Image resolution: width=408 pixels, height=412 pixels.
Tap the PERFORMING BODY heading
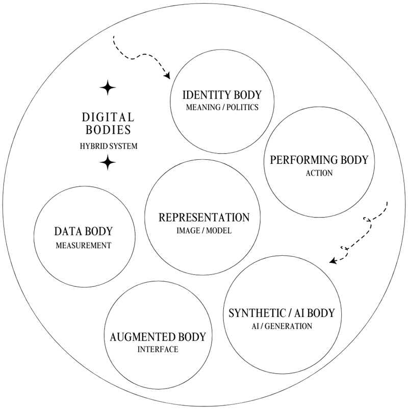click(318, 160)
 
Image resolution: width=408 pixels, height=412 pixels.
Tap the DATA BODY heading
click(83, 231)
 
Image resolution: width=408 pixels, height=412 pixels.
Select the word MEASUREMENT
click(83, 245)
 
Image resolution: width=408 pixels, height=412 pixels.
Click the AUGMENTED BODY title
click(158, 337)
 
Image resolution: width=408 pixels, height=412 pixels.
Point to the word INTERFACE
click(158, 350)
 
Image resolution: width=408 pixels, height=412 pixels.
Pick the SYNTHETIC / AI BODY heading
click(282, 312)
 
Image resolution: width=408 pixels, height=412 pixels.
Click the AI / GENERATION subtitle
click(282, 325)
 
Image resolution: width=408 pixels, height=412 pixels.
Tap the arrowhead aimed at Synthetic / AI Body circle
click(333, 261)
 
